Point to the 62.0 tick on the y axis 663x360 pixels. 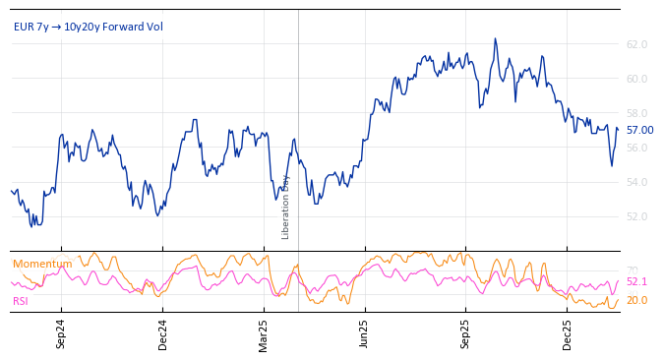click(636, 44)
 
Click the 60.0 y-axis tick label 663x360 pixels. click(636, 79)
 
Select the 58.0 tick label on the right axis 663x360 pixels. click(636, 113)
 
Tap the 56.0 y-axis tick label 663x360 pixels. click(636, 148)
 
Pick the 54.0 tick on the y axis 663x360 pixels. click(636, 182)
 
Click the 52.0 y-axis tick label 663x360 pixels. click(636, 216)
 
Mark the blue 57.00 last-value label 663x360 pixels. click(639, 130)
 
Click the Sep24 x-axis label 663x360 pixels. click(61, 334)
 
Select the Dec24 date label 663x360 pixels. click(163, 334)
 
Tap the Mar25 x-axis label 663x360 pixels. click(264, 334)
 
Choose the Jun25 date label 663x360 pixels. click(364, 334)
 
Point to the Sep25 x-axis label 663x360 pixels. click(466, 334)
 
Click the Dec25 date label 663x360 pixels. click(568, 334)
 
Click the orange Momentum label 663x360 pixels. click(42, 264)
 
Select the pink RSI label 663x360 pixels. click(20, 301)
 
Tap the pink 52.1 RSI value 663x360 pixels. click(636, 281)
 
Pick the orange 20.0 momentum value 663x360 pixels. click(636, 300)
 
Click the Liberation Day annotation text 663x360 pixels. click(286, 207)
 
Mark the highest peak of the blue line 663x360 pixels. click(495, 39)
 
